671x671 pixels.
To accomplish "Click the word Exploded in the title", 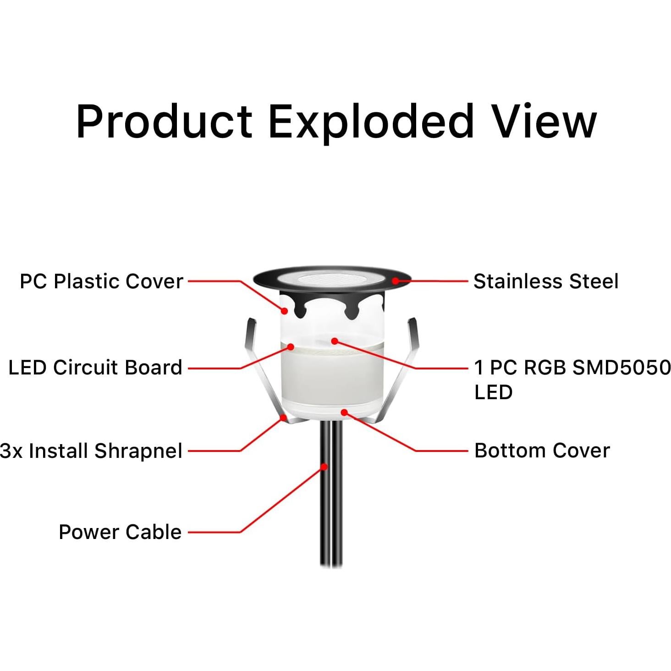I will point(371,121).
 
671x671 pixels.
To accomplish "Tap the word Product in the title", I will point(164,121).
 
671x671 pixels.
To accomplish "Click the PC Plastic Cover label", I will point(101,281).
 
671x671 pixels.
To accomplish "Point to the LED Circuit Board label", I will point(95,368).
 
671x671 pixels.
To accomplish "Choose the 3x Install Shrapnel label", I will point(91,451).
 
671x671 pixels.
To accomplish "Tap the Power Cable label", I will point(120,532).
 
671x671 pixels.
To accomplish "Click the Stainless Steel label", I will point(545,281).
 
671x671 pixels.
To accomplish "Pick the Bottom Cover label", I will point(542,451).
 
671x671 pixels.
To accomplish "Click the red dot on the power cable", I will point(324,467).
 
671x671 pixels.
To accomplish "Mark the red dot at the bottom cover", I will point(344,412).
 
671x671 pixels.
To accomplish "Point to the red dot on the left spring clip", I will point(284,418).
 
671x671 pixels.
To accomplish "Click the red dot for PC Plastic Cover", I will point(285,311).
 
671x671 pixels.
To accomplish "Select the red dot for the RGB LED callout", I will point(335,341).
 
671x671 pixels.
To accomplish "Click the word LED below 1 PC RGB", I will point(493,392).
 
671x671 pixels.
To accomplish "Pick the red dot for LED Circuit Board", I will point(290,347).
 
